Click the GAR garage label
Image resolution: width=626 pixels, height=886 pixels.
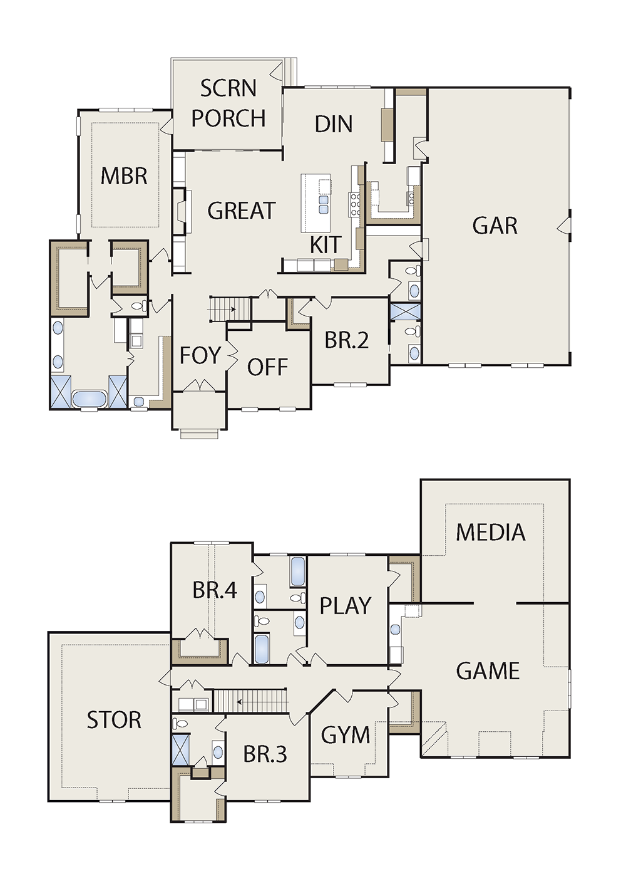[x=495, y=226]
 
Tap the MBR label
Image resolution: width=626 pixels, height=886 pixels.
[x=124, y=176]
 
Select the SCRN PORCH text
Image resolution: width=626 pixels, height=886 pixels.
[x=228, y=103]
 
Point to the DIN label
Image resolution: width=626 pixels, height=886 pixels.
[x=334, y=124]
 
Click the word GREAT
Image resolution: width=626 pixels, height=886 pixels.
[x=240, y=211]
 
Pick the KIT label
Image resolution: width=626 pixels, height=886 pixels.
[x=325, y=245]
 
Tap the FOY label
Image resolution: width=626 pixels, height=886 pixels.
[x=200, y=355]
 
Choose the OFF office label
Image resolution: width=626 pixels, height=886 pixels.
[x=267, y=367]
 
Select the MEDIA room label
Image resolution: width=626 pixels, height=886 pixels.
[x=491, y=533]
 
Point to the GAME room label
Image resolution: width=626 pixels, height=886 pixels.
[x=488, y=671]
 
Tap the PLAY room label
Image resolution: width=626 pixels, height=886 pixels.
[x=346, y=606]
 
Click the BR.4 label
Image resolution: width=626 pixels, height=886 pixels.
[x=215, y=591]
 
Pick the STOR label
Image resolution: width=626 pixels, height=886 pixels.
[x=114, y=720]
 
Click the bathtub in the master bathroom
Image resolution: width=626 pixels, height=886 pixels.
[x=90, y=399]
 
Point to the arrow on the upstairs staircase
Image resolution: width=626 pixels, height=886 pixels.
[x=243, y=702]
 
